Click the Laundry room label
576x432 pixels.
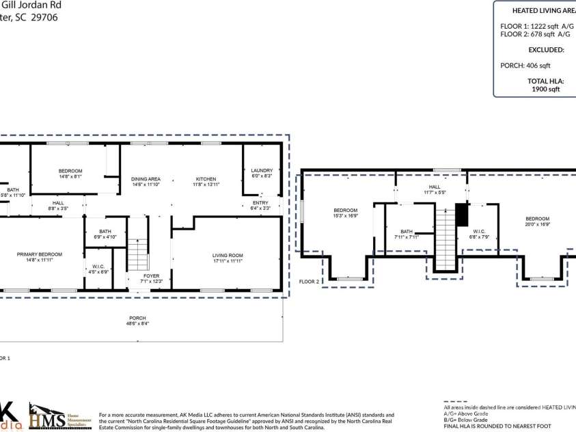point(262,170)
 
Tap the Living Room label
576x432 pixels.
point(228,256)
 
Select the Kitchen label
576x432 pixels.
point(206,179)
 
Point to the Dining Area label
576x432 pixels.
point(146,179)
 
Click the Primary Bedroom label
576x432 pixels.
point(40,254)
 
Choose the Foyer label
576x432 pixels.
point(151,276)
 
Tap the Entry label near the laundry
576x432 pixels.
point(260,202)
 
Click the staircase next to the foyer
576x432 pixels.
point(139,254)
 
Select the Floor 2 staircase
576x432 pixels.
point(445,239)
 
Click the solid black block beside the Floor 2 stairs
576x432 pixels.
point(461,215)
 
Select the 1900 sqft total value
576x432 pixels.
point(545,89)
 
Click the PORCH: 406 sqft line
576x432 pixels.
point(525,66)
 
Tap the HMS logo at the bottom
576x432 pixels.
point(47,417)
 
